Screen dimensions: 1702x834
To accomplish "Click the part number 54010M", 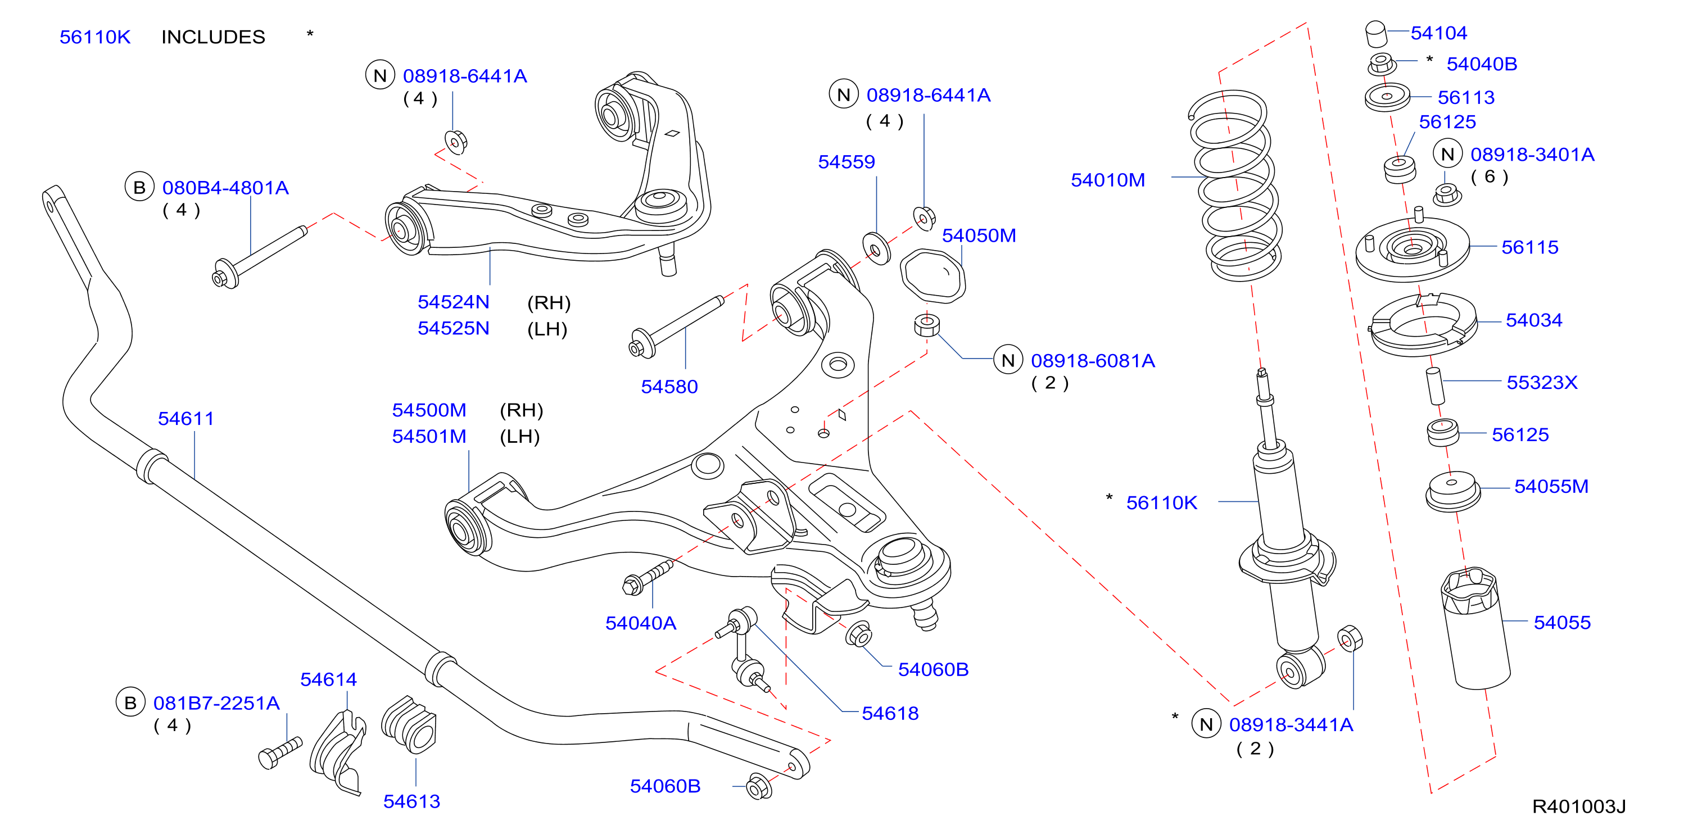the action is click(1107, 180).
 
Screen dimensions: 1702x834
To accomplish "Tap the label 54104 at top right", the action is click(1438, 33).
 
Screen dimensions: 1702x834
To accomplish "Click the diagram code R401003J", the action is click(1578, 806).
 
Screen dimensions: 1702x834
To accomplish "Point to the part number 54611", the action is click(185, 418).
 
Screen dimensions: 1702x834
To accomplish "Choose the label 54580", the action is click(669, 387).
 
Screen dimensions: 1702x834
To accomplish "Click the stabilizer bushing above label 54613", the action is click(410, 724).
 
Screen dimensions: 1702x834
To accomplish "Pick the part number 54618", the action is click(890, 713).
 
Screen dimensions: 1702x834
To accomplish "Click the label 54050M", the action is click(979, 235).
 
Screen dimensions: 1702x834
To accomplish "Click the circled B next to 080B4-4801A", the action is click(139, 187).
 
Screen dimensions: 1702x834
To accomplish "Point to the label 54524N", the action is click(453, 302).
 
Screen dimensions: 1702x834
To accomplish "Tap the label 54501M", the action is click(429, 436).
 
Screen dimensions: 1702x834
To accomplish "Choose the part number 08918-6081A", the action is click(1093, 360).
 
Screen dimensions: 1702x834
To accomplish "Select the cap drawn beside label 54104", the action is click(1376, 34).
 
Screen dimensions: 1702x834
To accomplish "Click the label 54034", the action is click(1533, 320).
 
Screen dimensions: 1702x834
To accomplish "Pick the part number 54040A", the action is click(640, 623).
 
